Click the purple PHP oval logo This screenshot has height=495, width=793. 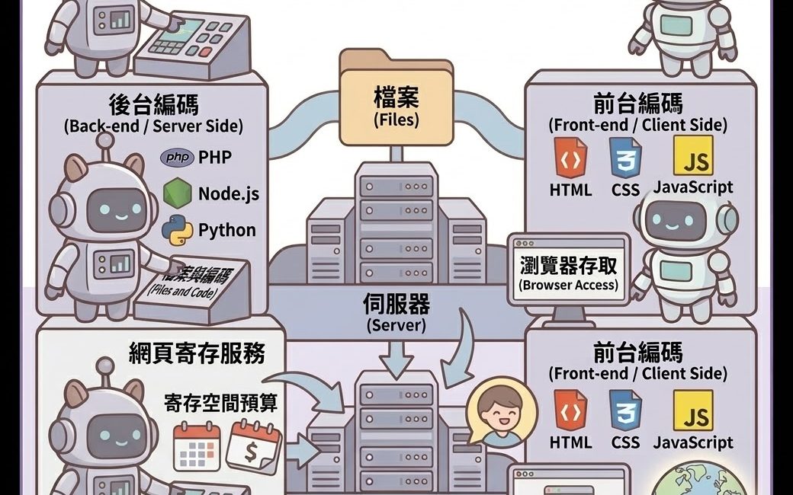[x=177, y=158]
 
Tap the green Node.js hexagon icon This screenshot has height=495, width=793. [x=177, y=193]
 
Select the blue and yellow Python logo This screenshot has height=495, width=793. [x=178, y=230]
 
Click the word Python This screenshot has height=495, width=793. [x=227, y=230]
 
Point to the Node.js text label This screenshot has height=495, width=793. [x=228, y=193]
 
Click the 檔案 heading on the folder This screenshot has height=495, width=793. [x=396, y=97]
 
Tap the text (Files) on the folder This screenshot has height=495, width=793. [x=396, y=120]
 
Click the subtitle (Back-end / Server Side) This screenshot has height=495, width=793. [x=153, y=126]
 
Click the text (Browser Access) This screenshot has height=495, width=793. [x=568, y=286]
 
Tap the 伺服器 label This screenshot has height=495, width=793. [x=396, y=305]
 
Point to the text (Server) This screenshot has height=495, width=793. [x=396, y=325]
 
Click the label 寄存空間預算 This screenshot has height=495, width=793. [x=220, y=403]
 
